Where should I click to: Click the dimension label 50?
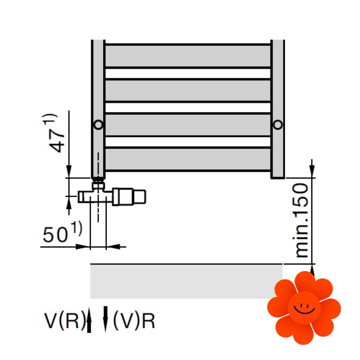click(x=55, y=235)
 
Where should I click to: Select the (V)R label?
click(x=134, y=321)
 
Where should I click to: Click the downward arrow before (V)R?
click(x=106, y=319)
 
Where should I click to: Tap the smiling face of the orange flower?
click(x=304, y=307)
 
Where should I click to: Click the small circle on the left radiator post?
click(x=98, y=125)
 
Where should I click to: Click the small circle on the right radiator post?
click(x=278, y=124)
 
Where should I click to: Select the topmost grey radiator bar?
click(x=188, y=56)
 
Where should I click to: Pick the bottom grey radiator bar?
click(x=188, y=159)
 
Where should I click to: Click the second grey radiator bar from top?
click(x=188, y=90)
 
